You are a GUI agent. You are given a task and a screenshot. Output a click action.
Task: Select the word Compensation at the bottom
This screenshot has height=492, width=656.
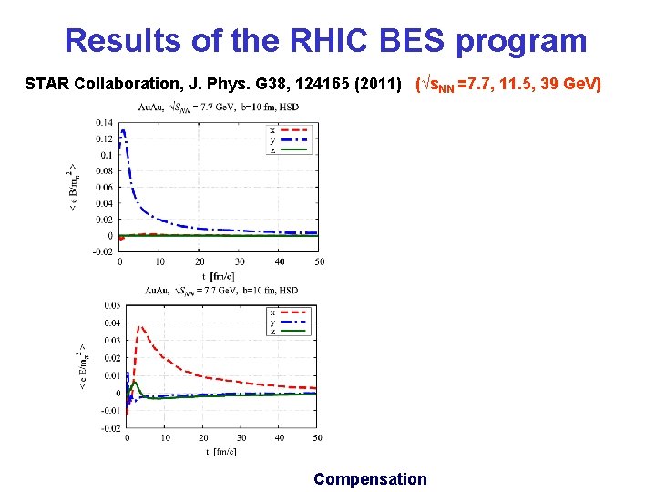[x=370, y=478]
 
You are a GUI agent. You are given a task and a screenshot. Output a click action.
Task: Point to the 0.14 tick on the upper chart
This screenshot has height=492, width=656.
[x=103, y=122]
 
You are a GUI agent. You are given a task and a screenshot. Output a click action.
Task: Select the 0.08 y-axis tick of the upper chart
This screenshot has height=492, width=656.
[x=103, y=170]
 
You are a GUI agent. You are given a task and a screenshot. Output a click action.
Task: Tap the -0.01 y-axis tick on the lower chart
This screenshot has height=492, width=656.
[x=108, y=410]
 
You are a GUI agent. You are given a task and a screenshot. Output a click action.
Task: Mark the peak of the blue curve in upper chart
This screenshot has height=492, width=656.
[x=123, y=130]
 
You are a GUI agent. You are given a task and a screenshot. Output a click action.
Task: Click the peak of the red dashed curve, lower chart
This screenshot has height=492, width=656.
[x=140, y=327]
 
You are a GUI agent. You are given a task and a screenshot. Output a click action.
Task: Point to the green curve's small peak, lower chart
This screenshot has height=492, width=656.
[x=134, y=382]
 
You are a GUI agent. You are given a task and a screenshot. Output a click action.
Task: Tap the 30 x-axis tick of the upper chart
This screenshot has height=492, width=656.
[x=240, y=261]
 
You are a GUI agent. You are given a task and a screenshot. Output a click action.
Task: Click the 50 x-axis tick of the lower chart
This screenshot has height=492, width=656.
[x=317, y=437]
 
